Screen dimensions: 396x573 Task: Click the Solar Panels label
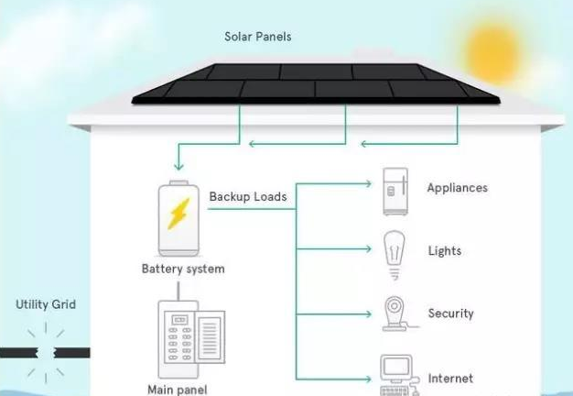tap(258, 37)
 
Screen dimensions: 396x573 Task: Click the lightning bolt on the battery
tap(179, 215)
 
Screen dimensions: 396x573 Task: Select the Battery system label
tap(183, 269)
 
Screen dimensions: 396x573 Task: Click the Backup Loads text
tap(247, 196)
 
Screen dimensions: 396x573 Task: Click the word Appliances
tap(457, 188)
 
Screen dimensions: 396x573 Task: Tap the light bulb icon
tap(395, 253)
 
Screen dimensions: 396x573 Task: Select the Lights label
tap(444, 251)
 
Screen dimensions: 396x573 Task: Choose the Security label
tap(450, 313)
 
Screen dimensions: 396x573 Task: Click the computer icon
tap(395, 372)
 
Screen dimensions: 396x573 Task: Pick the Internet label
tap(450, 378)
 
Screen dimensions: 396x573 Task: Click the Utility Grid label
tap(46, 304)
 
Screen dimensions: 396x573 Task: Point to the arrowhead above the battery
tap(178, 167)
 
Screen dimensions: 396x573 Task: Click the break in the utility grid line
tap(42, 352)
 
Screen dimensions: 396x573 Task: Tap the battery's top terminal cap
tap(179, 183)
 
